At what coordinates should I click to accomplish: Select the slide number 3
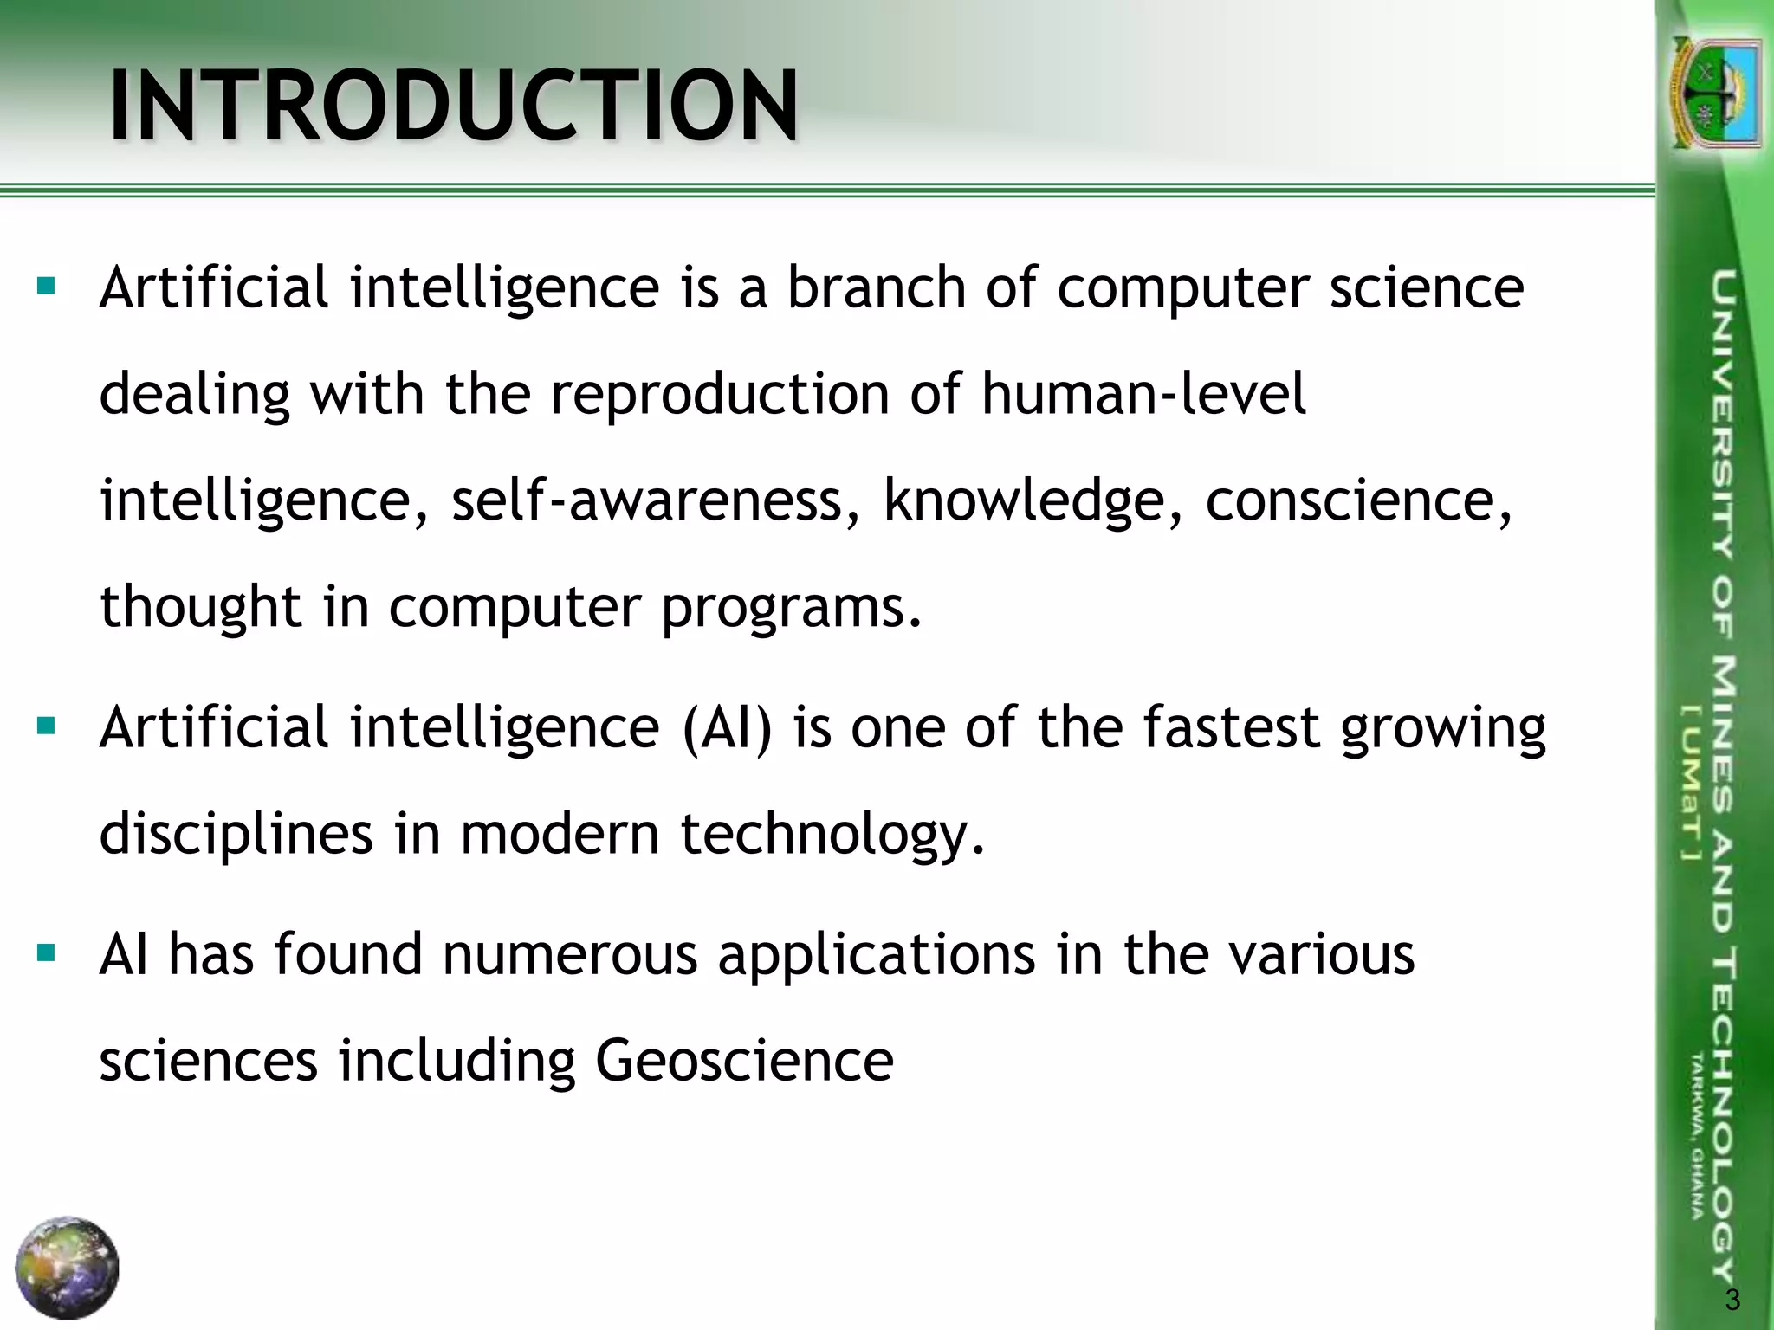coord(1732,1300)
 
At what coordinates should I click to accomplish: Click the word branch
coord(876,287)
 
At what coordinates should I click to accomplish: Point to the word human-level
coord(1143,395)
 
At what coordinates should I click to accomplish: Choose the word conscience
coord(1358,500)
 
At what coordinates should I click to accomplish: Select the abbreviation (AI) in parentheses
coord(727,727)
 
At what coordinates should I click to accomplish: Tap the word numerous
coord(570,954)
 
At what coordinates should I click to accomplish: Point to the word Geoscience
coord(744,1061)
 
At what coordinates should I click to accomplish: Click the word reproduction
coord(720,395)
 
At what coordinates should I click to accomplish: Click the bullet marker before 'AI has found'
coord(47,954)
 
